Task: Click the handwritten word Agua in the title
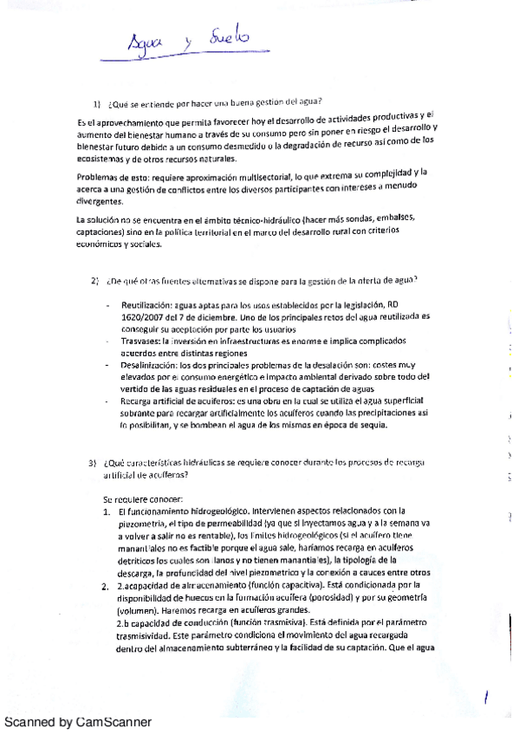(145, 42)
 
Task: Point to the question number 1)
(100, 100)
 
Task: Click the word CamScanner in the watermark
(114, 722)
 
